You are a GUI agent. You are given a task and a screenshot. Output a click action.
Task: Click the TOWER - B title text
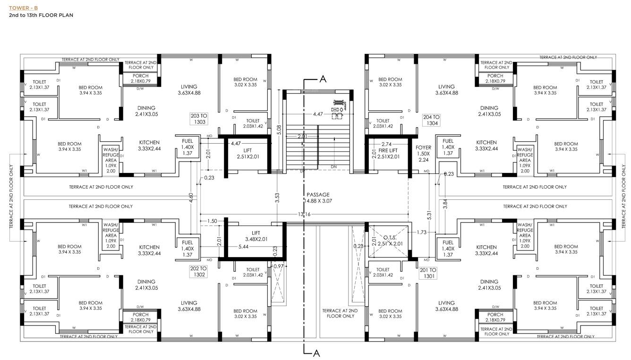coord(23,8)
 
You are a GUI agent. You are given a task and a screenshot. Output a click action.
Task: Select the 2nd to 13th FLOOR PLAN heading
coord(41,15)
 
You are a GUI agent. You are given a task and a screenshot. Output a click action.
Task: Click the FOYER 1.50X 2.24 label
coord(424,154)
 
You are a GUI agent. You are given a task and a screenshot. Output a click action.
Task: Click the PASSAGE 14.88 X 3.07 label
coord(318,197)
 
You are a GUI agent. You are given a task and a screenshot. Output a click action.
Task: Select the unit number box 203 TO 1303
coord(197,119)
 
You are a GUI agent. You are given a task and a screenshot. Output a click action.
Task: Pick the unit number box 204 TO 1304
coord(432,120)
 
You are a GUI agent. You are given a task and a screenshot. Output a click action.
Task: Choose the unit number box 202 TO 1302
coord(197,271)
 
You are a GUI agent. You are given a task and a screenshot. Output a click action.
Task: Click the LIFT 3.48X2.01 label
coord(256,236)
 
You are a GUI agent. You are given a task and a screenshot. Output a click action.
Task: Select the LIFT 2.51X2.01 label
coord(248,154)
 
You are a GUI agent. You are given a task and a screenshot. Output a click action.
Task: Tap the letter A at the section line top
coord(323,79)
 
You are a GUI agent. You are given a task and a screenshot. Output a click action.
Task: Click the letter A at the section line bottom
coord(317,352)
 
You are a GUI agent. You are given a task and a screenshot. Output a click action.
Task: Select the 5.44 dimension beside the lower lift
coord(244,247)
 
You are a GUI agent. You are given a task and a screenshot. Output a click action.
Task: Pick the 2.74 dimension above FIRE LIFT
coord(387,144)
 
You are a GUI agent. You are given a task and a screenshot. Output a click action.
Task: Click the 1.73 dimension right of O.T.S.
coord(422,232)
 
